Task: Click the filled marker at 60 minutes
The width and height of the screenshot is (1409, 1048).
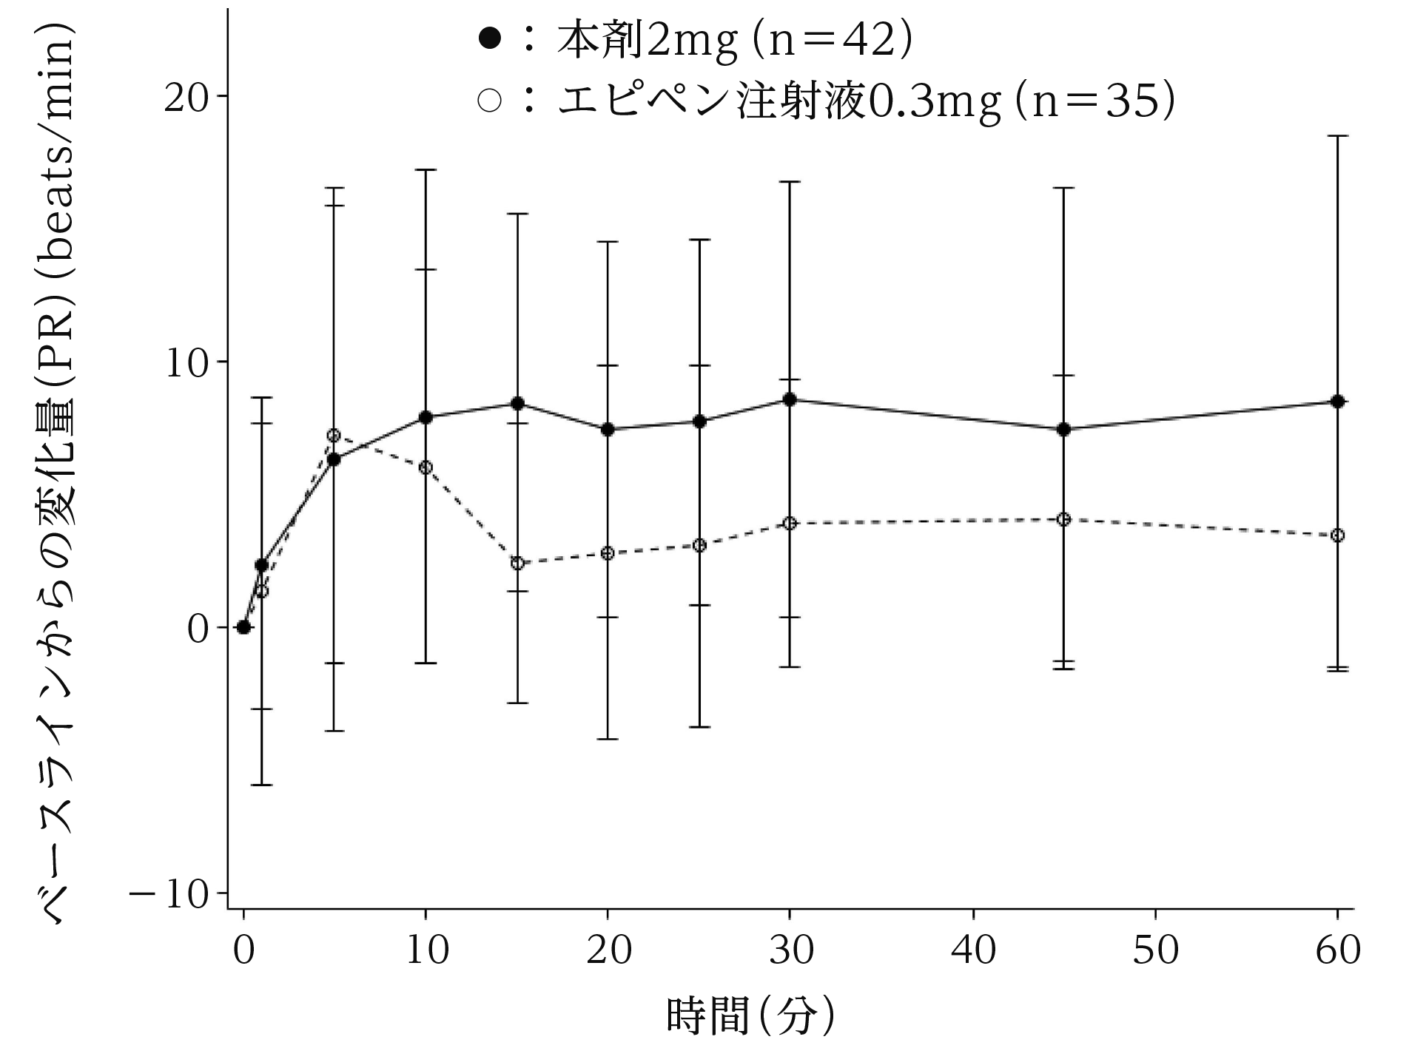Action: coord(1337,402)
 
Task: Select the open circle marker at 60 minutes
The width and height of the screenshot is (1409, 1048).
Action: coord(1337,535)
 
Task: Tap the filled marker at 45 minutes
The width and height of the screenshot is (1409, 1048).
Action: coord(1063,429)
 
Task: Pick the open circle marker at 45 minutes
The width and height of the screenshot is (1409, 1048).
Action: coord(1063,519)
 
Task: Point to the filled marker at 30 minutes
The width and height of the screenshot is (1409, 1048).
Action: coord(790,399)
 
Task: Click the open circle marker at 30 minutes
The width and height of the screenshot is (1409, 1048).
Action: coord(790,523)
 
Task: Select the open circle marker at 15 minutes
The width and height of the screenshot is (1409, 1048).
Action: coord(517,563)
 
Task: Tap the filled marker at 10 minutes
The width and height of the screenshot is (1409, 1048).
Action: coord(426,417)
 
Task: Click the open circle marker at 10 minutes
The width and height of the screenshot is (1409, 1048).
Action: coord(426,467)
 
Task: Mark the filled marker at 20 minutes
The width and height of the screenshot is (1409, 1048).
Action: coord(608,429)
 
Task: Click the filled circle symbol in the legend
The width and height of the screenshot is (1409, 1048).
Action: coord(490,38)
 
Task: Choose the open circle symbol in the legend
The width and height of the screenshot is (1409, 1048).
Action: coord(490,101)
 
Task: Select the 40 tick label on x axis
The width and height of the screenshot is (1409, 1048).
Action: coord(973,949)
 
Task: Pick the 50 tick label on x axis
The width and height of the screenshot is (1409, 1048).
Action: coord(1155,949)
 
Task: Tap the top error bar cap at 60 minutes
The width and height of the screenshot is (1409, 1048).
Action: coord(1337,136)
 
